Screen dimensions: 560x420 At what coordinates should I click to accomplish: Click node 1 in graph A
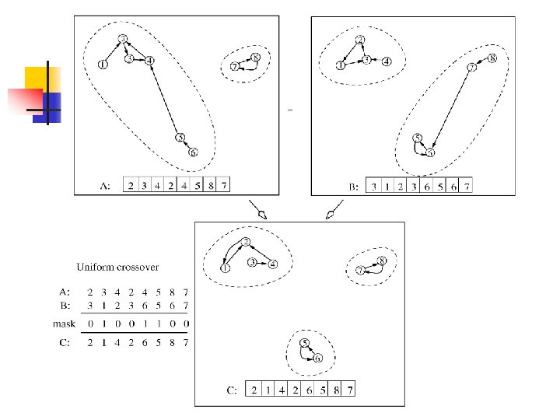click(103, 65)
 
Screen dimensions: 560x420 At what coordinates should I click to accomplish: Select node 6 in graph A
click(192, 152)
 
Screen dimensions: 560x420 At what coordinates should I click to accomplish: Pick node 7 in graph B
click(471, 68)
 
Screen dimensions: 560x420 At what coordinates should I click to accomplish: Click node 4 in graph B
click(386, 60)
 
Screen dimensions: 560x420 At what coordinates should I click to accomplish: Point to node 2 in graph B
click(360, 40)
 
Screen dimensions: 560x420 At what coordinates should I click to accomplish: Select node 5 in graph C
click(305, 343)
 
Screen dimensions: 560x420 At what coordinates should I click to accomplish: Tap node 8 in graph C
click(381, 261)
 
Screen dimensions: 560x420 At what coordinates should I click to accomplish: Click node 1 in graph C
click(225, 268)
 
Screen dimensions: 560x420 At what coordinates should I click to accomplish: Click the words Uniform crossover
click(117, 267)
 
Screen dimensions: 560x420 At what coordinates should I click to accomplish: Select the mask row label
click(65, 323)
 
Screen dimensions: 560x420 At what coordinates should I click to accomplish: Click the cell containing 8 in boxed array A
click(210, 186)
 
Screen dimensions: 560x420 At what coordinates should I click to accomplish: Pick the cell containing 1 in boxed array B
click(388, 187)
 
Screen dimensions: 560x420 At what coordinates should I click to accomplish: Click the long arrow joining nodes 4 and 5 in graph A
click(165, 100)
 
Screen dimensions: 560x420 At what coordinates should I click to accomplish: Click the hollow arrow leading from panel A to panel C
click(257, 211)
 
